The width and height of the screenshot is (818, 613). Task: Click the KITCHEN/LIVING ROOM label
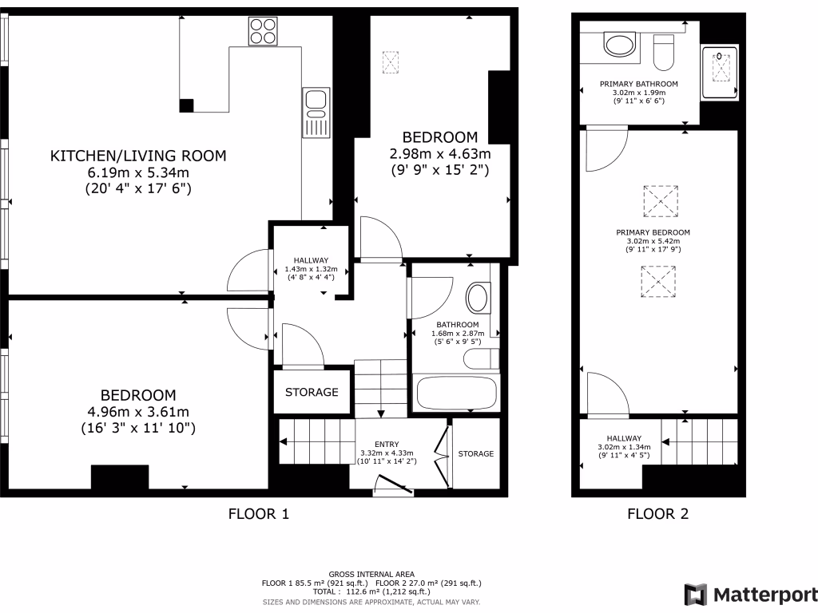138,156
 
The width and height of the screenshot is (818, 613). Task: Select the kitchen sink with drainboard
316,113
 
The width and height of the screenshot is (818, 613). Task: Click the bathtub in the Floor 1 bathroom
457,393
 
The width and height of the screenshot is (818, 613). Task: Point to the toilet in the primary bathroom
663,53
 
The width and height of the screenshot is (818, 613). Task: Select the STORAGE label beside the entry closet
475,454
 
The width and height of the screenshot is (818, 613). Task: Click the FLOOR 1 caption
259,514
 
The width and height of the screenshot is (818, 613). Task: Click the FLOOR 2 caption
657,514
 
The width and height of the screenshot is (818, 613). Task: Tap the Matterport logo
751,595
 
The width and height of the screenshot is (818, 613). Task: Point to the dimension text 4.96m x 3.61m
138,412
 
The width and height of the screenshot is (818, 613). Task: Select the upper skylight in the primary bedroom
660,201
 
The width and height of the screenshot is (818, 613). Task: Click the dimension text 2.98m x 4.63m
439,153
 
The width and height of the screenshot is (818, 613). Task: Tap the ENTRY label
387,445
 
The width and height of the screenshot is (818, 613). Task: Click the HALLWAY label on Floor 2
623,438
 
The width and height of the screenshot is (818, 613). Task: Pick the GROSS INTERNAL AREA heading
371,574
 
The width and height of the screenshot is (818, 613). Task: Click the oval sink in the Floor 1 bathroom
478,299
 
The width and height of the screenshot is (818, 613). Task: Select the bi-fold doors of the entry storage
441,455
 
